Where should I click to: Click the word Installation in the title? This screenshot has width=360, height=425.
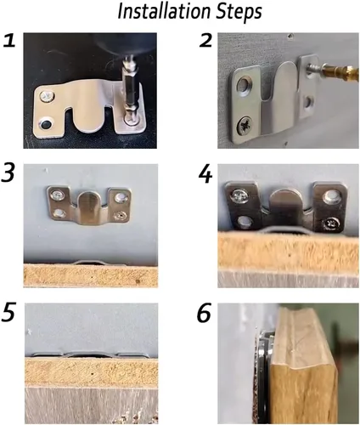pyautogui.click(x=164, y=11)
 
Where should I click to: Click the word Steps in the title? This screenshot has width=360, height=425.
pyautogui.click(x=239, y=13)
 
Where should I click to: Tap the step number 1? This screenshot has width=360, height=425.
pyautogui.click(x=9, y=41)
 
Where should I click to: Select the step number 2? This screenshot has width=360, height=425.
pyautogui.click(x=205, y=41)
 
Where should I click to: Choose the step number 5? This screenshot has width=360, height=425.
pyautogui.click(x=7, y=313)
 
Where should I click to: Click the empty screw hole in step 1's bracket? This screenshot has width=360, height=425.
pyautogui.click(x=46, y=124)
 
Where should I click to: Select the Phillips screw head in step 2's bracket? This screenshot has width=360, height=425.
pyautogui.click(x=245, y=125)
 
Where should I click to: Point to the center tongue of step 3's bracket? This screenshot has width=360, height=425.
pyautogui.click(x=89, y=207)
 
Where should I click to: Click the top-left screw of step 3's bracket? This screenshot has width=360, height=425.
pyautogui.click(x=58, y=195)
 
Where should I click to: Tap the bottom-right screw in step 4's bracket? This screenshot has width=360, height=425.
pyautogui.click(x=329, y=224)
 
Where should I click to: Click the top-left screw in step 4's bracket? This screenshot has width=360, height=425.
pyautogui.click(x=240, y=196)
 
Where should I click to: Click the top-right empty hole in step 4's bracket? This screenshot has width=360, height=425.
pyautogui.click(x=331, y=195)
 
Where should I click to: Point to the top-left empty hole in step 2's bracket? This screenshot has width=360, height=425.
pyautogui.click(x=245, y=84)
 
